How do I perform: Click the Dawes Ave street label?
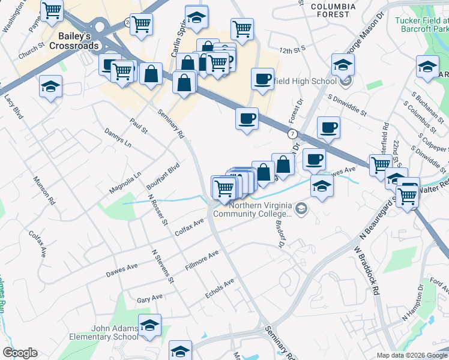click(122, 269)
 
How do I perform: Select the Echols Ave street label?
click(219, 287)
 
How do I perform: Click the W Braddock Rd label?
click(367, 265)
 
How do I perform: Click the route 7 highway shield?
click(292, 133)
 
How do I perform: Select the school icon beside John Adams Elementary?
click(149, 326)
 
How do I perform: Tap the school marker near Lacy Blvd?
click(51, 86)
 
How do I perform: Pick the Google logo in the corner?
click(20, 353)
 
